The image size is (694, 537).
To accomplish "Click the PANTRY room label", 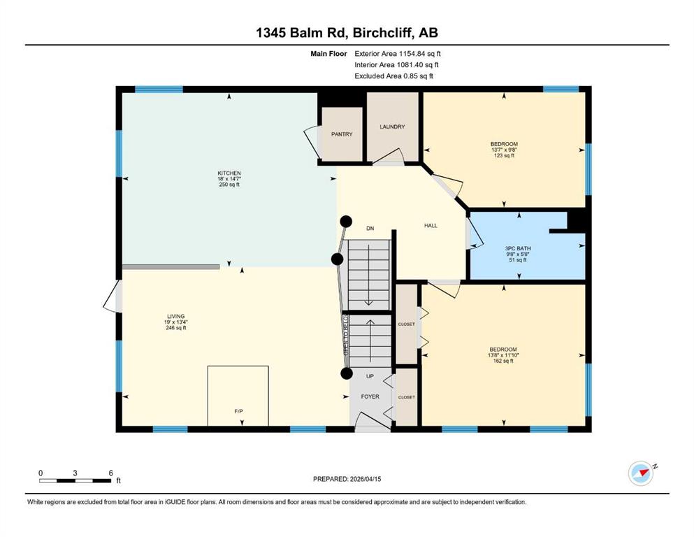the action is (x=342, y=134).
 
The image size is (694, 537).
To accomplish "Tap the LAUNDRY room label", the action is (x=392, y=127).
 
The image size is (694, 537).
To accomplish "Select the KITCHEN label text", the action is (x=229, y=173).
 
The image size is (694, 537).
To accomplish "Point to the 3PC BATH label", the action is (x=518, y=248).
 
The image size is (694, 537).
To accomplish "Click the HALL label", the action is (x=431, y=225).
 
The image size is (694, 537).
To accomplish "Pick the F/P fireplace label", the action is (x=238, y=411).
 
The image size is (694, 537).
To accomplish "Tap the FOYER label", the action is (x=370, y=396).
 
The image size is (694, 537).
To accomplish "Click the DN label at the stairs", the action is (x=370, y=229).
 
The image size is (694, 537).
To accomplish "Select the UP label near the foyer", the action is (x=370, y=376).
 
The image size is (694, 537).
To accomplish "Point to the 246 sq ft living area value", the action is (x=175, y=328).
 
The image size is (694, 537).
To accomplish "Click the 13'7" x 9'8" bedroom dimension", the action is (x=504, y=150).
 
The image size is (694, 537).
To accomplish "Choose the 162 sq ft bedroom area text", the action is (x=503, y=361).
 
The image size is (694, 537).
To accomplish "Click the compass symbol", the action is (x=641, y=473).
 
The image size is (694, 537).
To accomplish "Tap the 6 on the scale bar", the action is (x=110, y=473).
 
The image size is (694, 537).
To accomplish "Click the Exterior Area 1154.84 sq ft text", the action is (x=398, y=54).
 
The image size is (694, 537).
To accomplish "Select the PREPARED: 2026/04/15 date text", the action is (x=347, y=479).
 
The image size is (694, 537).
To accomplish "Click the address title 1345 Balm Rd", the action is (x=303, y=32).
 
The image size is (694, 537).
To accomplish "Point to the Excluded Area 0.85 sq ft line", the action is (x=393, y=76).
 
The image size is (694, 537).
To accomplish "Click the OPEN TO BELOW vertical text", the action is (x=346, y=335).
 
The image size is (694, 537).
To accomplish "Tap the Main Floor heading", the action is (x=328, y=54).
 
